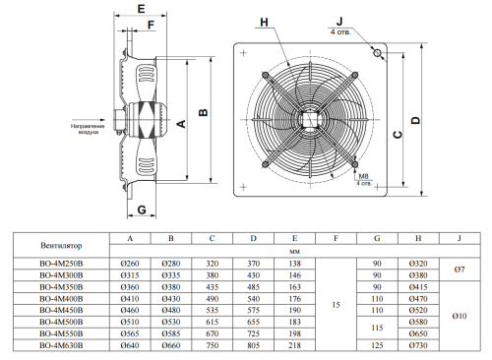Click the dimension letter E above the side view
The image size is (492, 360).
coord(141,9)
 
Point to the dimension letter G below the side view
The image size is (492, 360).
coord(142,210)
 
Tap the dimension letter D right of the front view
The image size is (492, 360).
coord(415,120)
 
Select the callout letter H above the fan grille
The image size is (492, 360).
coord(264,23)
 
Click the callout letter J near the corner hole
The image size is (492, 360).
coord(339,22)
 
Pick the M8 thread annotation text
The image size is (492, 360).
coord(363,176)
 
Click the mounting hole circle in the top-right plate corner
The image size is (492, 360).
coord(377,52)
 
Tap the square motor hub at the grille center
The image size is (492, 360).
coord(310,120)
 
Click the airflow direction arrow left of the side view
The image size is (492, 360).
coord(89,120)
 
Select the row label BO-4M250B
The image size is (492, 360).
coord(61,264)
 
